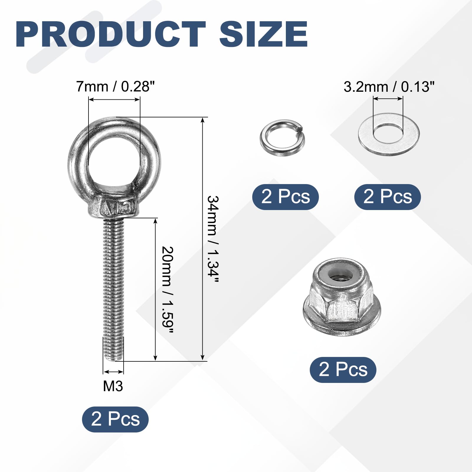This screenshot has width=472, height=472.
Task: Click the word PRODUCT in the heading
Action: [x=111, y=34]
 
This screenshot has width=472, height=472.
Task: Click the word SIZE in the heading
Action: [x=263, y=34]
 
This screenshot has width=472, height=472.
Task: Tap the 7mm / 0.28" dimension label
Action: [x=115, y=86]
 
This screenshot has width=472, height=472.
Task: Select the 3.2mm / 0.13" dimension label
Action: [x=389, y=87]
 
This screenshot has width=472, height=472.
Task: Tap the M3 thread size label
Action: [x=113, y=386]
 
